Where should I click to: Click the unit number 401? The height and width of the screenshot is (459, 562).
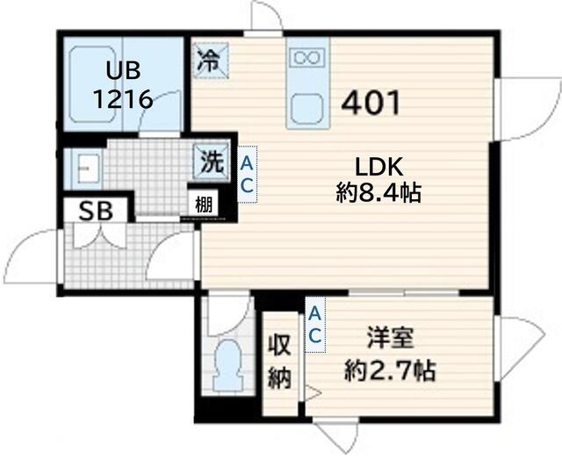371,104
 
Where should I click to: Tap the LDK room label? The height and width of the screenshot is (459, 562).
379,166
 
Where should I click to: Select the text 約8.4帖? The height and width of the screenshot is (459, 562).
378,193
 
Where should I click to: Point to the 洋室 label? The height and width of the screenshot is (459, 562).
390,338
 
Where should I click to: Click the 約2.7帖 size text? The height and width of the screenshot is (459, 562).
390,371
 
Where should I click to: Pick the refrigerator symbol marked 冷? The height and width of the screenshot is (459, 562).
211,61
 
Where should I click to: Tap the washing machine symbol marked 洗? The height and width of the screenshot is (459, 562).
211,161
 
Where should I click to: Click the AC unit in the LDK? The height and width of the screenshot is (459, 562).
248,174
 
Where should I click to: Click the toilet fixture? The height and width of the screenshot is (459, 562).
228,365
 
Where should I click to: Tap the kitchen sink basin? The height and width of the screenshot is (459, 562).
308,109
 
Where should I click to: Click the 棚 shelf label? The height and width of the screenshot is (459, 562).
204,205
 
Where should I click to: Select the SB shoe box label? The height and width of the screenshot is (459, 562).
96,211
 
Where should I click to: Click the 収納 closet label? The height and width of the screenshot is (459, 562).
279,362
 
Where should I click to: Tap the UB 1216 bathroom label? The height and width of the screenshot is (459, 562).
123,85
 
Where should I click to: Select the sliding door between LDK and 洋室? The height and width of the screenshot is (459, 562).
404,292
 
